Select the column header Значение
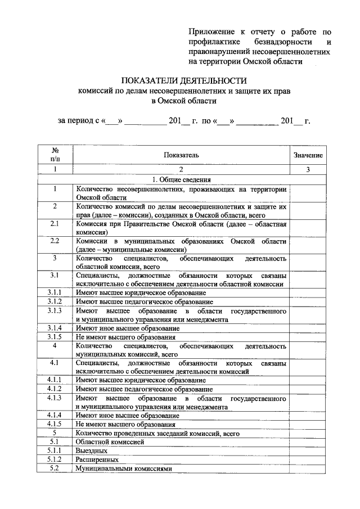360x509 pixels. point(308,155)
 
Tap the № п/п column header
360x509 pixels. point(55,155)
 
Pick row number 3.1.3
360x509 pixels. point(55,310)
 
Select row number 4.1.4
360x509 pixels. point(55,415)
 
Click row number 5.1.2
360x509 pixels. point(55,459)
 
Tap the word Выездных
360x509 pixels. point(92,451)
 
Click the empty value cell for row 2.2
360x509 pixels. point(308,245)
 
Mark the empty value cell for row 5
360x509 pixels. point(308,433)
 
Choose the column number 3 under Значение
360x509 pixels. point(308,169)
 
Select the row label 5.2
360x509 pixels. point(55,468)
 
